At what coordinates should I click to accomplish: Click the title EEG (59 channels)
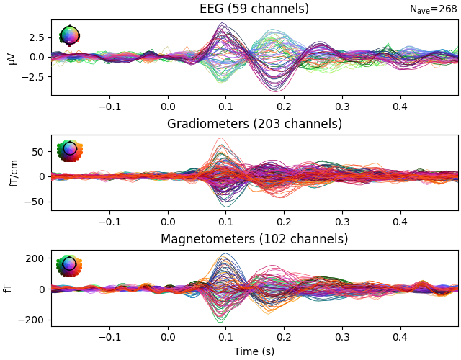pos(254,9)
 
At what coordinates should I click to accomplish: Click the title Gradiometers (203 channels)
pos(254,124)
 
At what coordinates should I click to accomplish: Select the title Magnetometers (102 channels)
pos(254,239)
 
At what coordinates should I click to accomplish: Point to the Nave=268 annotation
pos(433,9)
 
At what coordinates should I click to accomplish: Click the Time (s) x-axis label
pos(254,351)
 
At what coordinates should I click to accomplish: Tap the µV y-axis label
pos(12,57)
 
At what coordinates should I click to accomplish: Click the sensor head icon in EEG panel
pos(69,35)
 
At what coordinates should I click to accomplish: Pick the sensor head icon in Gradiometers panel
pos(69,150)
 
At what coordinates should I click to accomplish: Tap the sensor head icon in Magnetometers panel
pos(69,265)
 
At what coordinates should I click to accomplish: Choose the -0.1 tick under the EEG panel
pos(109,106)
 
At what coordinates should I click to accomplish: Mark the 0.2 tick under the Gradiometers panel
pos(284,221)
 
